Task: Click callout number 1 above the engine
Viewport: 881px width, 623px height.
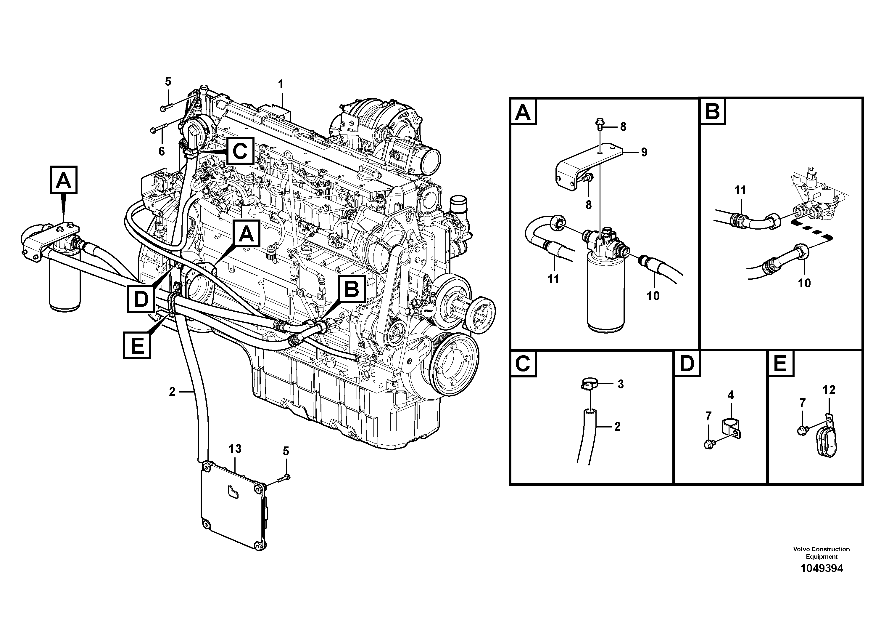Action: point(281,84)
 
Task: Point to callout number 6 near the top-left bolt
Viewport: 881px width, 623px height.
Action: point(162,151)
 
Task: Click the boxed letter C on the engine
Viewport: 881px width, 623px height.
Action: point(240,151)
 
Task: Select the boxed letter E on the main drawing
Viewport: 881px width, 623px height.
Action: point(137,345)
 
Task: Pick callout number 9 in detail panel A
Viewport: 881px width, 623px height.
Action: point(644,153)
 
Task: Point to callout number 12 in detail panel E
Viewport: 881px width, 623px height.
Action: point(829,390)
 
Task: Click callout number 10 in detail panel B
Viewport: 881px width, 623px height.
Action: point(804,283)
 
